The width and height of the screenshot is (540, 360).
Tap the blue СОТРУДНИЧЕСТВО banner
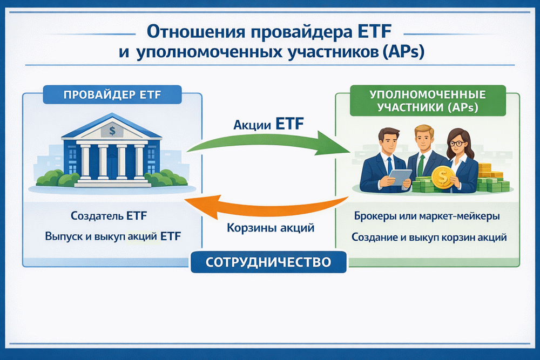[268, 263]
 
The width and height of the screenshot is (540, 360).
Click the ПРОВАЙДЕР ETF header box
[111, 96]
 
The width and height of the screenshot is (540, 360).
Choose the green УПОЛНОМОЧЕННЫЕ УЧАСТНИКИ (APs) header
[427, 101]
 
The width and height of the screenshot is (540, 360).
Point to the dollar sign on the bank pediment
[112, 130]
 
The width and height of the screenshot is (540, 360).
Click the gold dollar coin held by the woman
[441, 178]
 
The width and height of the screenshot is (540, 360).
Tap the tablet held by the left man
[397, 176]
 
